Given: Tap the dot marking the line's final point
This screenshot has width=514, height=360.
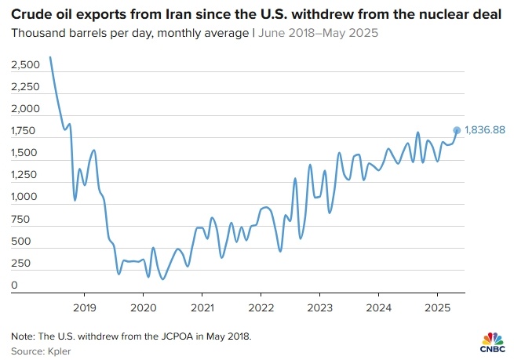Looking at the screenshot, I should (x=457, y=130).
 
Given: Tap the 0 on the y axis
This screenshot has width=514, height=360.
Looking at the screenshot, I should (x=14, y=285).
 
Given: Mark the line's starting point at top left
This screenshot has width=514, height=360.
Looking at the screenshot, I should (x=49, y=56).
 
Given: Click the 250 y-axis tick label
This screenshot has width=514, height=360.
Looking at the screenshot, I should (x=20, y=264).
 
